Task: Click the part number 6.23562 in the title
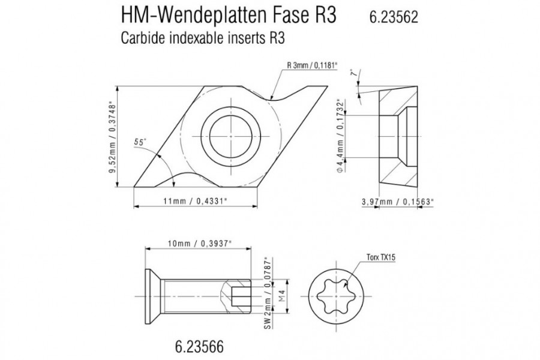pos(394,17)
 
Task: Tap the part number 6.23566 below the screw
pos(199,346)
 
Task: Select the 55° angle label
pos(140,142)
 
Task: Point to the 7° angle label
pos(352,73)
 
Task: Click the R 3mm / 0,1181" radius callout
pos(312,65)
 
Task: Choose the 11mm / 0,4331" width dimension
pos(195,201)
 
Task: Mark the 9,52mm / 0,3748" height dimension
pos(113,137)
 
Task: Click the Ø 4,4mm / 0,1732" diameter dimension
pos(341,136)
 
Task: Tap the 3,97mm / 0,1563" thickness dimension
pos(397,202)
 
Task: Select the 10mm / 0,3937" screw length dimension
pos(199,243)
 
